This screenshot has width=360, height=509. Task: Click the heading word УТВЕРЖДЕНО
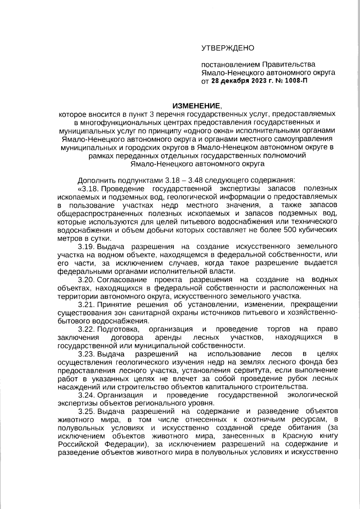(x=228, y=48)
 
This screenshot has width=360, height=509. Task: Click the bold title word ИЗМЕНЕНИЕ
(x=196, y=106)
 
